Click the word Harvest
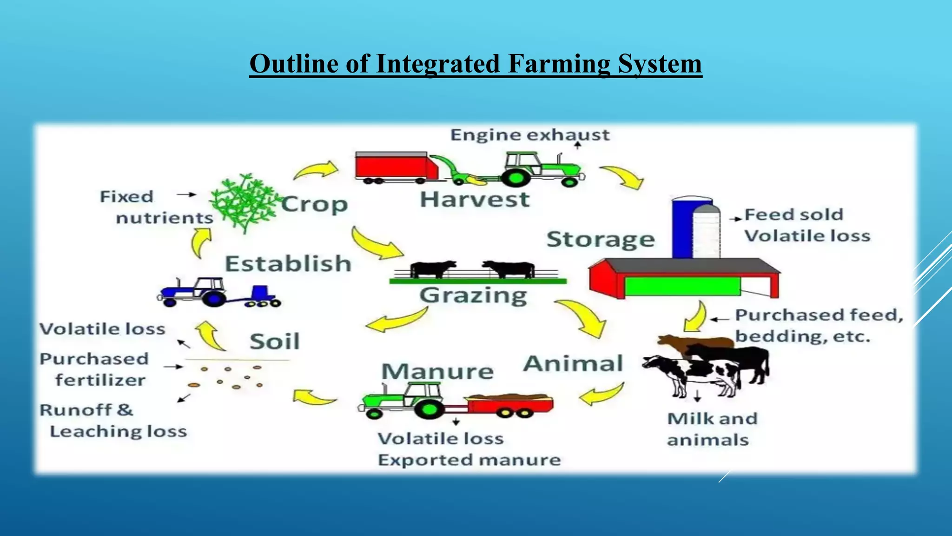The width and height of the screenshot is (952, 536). tap(475, 200)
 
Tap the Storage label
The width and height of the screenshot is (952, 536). tap(600, 240)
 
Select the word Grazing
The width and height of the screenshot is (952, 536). tap(473, 295)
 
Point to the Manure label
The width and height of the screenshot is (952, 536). tap(437, 371)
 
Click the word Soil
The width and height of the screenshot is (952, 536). tap(275, 342)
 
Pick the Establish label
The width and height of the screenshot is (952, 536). tap(288, 264)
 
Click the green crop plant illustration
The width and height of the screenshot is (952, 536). tap(244, 202)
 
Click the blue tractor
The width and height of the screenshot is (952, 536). tap(205, 292)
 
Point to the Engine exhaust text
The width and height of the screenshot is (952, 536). tap(529, 135)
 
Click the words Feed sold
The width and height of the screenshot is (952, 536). tap(793, 214)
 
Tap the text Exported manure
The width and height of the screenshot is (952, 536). tap(469, 460)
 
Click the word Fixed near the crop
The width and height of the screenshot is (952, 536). tap(126, 196)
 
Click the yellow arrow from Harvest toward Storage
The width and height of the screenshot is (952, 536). tap(623, 177)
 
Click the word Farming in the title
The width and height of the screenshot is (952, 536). tap(558, 64)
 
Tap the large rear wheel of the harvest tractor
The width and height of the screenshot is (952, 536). tap(515, 177)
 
